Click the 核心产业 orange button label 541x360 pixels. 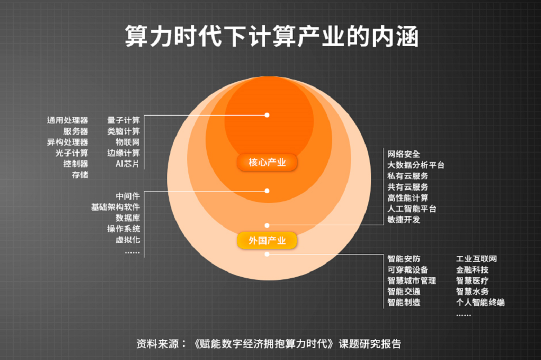point(267,162)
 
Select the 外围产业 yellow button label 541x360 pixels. point(267,240)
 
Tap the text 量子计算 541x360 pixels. point(123,120)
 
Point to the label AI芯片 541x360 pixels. point(127,163)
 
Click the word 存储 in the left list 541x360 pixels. point(80,175)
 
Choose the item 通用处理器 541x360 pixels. point(68,120)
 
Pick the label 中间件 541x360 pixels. point(128,197)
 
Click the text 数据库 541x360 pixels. point(128,218)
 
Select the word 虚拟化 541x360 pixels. point(128,240)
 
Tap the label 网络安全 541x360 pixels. point(404,154)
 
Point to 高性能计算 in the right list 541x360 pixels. point(408,198)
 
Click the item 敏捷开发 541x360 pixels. point(404,219)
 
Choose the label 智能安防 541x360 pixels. point(404,259)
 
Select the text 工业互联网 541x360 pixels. point(476,259)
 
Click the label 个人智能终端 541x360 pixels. point(480,302)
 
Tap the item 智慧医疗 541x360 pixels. point(472,280)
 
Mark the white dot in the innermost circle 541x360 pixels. point(267,115)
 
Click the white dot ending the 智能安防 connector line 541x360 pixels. point(267,254)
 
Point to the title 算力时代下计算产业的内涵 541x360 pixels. point(270,37)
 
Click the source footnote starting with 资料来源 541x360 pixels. point(269,344)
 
